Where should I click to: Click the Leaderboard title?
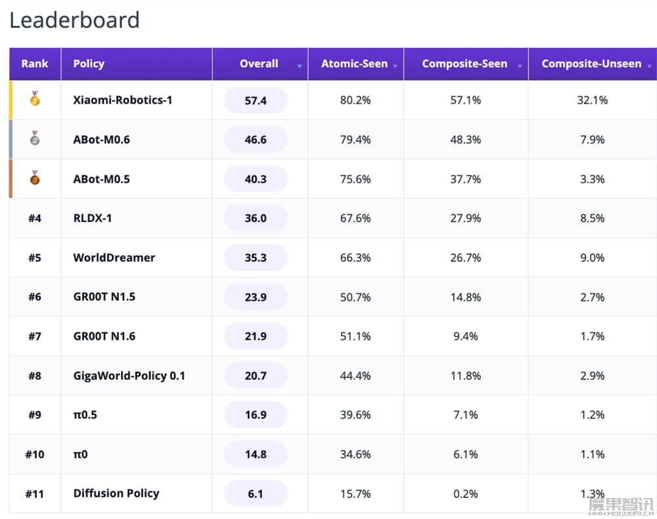[x=74, y=20]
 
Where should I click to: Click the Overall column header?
[x=259, y=64]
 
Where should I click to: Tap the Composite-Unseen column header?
[x=591, y=64]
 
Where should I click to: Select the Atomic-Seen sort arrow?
[x=395, y=66]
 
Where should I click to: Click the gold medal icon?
[x=35, y=99]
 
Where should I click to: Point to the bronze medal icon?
[x=35, y=177]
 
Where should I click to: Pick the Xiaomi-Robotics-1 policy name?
[x=122, y=100]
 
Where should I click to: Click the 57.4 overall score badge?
[x=256, y=100]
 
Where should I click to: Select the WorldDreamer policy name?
[x=114, y=258]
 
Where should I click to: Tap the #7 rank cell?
[x=35, y=336]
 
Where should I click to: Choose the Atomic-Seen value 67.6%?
[x=355, y=218]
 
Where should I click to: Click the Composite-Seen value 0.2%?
[x=466, y=494]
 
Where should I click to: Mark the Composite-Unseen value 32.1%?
[x=593, y=100]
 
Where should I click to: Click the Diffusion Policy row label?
[x=116, y=493]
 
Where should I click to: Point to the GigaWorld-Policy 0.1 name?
[x=129, y=376]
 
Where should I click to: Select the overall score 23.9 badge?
[x=256, y=297]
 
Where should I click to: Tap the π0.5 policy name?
[x=85, y=415]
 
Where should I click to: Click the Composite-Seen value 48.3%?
[x=466, y=139]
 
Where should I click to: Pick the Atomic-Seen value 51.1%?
[x=355, y=336]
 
